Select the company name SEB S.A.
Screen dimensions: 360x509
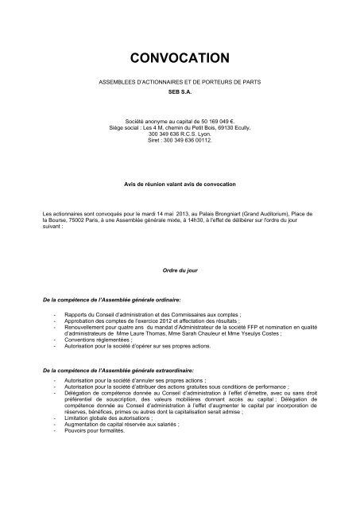point(179,91)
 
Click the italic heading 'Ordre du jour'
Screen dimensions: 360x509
point(179,271)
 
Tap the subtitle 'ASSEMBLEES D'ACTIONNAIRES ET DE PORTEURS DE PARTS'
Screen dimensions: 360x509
point(179,83)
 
